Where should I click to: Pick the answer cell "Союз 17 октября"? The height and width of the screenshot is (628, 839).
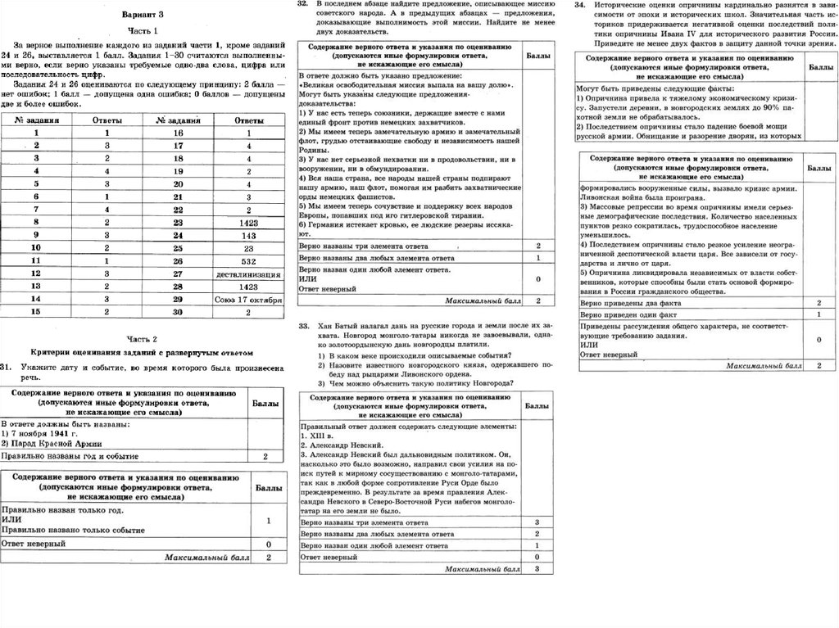pos(248,299)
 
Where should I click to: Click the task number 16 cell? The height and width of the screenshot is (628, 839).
pos(178,132)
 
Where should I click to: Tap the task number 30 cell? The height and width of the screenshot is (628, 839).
pos(178,312)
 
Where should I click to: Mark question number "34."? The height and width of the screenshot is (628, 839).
pos(578,5)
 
